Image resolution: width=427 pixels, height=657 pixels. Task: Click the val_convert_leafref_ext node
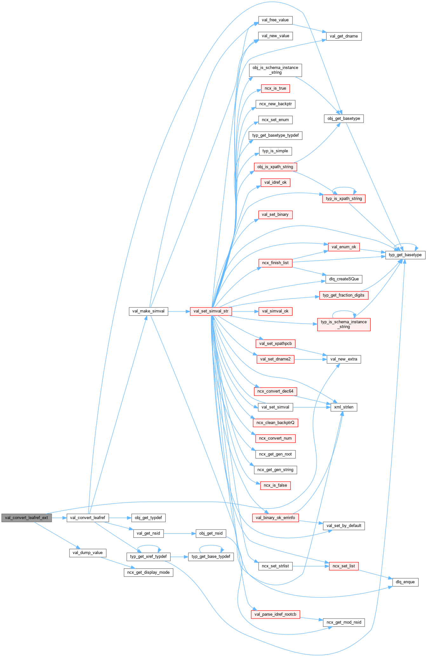click(x=26, y=517)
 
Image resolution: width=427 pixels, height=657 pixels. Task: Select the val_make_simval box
click(x=148, y=311)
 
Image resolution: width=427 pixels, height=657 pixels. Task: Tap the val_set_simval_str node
click(x=211, y=311)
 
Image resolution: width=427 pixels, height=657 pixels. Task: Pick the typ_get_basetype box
click(x=405, y=255)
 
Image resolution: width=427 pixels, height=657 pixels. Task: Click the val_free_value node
click(x=275, y=20)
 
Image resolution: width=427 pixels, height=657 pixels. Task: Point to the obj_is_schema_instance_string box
click(x=275, y=70)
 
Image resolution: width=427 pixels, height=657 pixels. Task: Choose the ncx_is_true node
click(x=275, y=88)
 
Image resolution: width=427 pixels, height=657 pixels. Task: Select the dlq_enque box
click(x=405, y=582)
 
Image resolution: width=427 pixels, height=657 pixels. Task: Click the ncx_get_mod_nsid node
click(x=344, y=622)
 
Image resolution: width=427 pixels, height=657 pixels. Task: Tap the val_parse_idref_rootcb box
click(x=275, y=614)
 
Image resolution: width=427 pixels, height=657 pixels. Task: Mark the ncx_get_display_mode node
click(x=148, y=572)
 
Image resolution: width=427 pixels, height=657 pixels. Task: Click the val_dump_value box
click(x=88, y=553)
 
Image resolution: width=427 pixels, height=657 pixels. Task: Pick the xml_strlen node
click(x=344, y=407)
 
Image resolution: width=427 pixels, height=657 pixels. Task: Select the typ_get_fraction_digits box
click(x=344, y=295)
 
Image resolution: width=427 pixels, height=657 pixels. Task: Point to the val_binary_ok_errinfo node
click(x=275, y=518)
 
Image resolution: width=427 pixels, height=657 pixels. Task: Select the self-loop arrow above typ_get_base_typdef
click(x=211, y=546)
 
